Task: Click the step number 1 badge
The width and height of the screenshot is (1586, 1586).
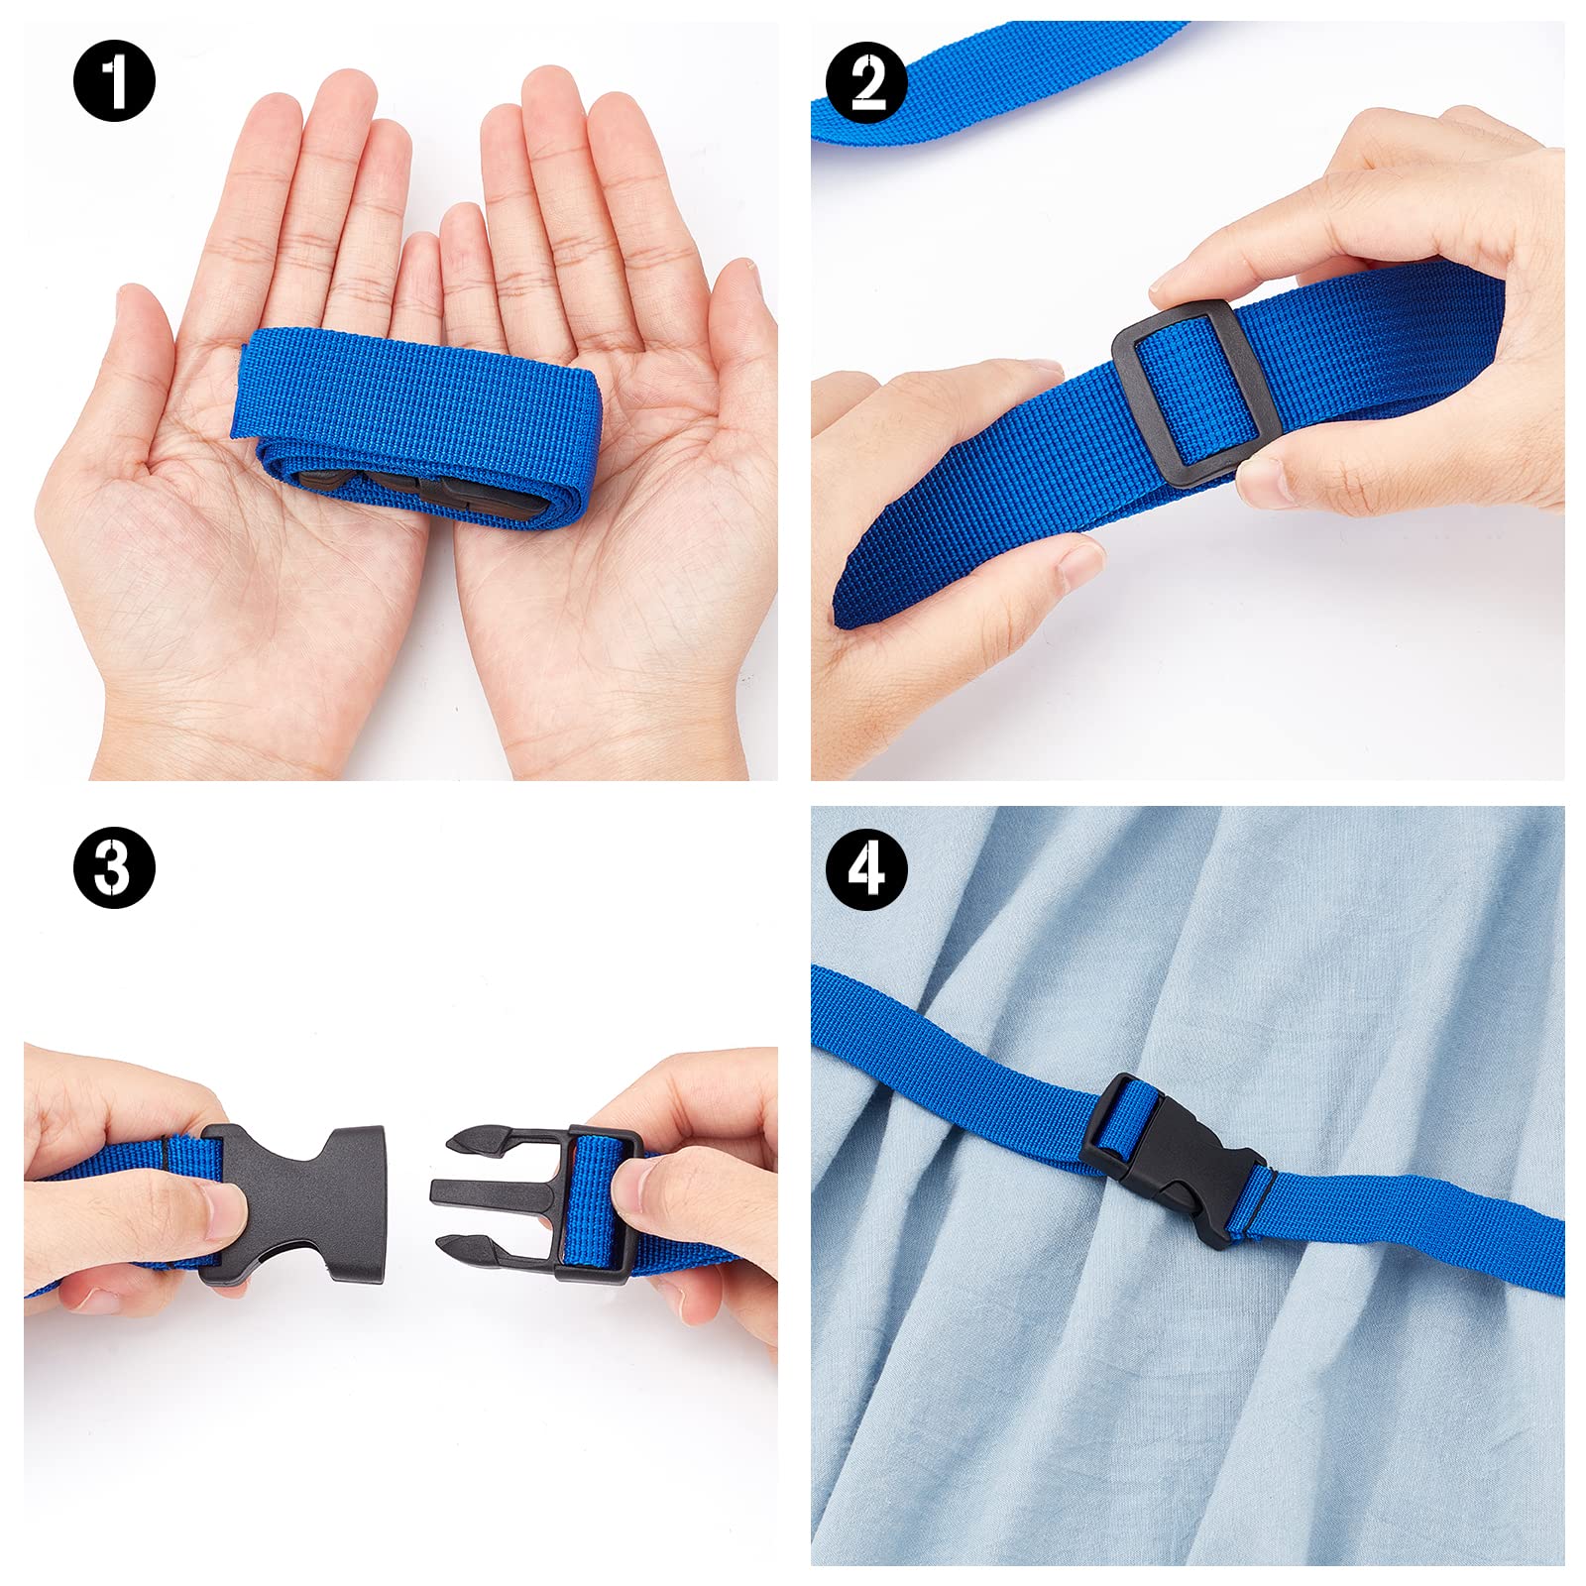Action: (x=114, y=81)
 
